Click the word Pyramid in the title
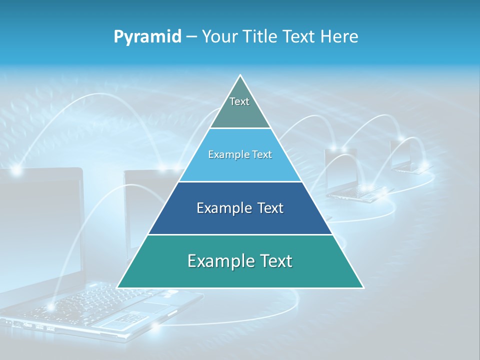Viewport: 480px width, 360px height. (147, 37)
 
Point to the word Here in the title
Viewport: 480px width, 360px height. (339, 36)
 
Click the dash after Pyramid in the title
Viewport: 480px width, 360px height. (191, 37)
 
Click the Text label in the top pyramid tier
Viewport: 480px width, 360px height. (239, 101)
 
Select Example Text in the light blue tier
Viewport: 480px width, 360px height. (240, 154)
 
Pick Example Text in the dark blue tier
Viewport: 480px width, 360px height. (240, 208)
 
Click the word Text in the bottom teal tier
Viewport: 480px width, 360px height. (273, 260)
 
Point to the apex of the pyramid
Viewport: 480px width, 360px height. (240, 75)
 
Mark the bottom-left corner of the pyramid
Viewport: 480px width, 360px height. (117, 287)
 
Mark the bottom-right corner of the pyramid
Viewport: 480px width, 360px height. (363, 287)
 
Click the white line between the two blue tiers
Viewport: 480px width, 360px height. (240, 181)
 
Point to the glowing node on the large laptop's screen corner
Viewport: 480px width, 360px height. (16, 170)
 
